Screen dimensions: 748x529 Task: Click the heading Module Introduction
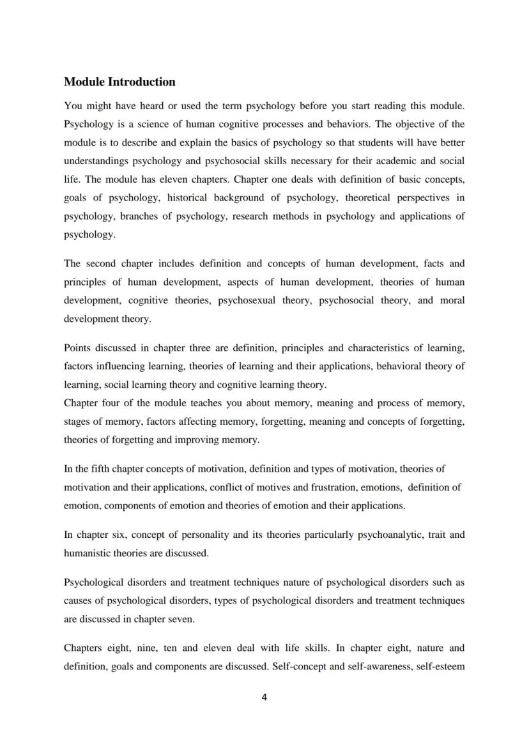pos(119,82)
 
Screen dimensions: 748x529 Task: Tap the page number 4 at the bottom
pos(264,697)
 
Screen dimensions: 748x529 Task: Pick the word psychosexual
pos(247,300)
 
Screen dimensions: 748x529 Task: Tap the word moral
pos(452,300)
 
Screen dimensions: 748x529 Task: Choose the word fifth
pos(102,469)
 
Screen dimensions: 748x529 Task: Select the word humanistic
pos(86,553)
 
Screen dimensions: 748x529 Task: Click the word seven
pos(180,619)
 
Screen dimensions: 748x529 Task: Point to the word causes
pos(78,600)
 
